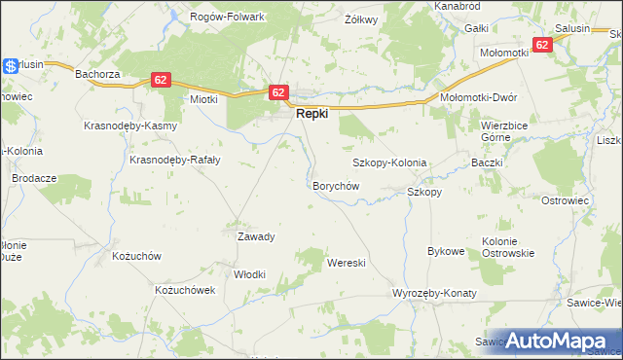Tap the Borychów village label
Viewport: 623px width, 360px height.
coord(336,185)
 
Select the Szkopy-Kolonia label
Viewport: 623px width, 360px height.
coord(389,162)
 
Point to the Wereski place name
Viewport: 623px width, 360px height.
coord(346,264)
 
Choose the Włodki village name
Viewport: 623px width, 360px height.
coord(250,274)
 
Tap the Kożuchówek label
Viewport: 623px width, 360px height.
coord(184,290)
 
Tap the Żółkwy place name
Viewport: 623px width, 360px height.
coord(361,18)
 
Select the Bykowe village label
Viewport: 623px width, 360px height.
coord(446,251)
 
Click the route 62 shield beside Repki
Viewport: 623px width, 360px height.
coord(278,92)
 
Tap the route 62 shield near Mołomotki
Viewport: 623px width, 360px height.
coord(542,45)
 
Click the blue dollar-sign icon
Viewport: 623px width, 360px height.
coord(11,66)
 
